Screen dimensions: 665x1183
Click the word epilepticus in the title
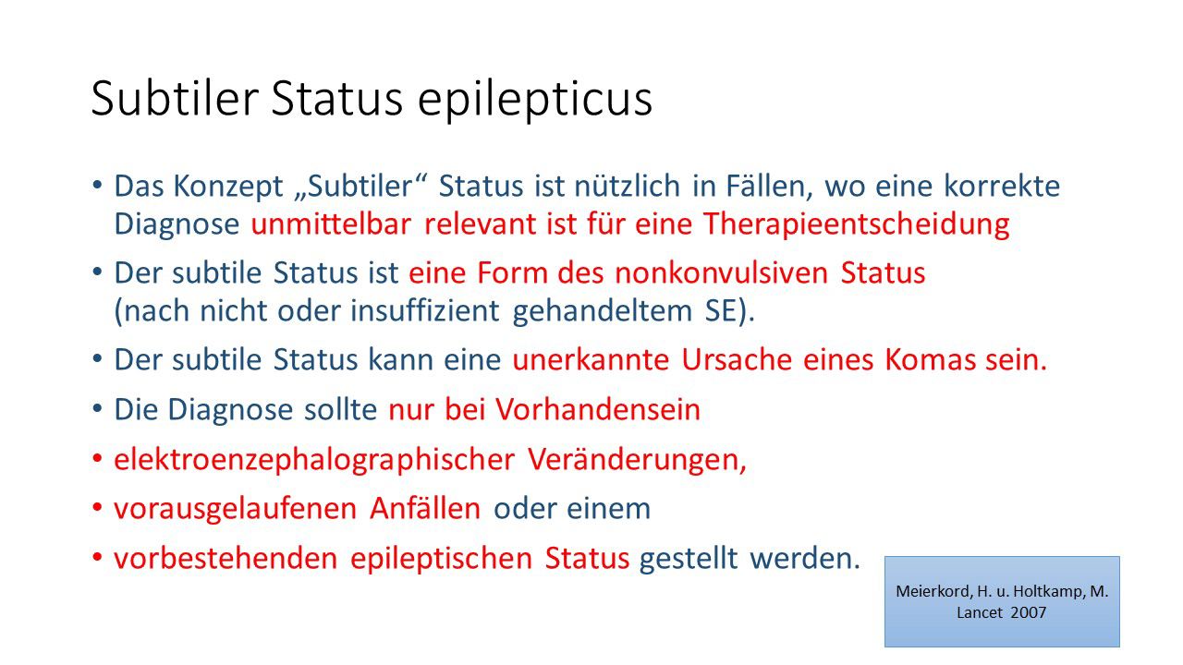535,100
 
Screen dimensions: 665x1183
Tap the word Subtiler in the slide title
175,98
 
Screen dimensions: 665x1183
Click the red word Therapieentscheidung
856,224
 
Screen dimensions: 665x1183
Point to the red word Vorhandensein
598,410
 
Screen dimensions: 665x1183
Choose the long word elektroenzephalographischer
313,460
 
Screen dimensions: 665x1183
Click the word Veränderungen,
637,460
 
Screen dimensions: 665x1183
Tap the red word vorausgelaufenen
235,509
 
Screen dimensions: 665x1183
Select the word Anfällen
425,509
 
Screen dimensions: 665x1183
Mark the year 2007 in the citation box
1028,612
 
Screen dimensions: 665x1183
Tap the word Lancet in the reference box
981,612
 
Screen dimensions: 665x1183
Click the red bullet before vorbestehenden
98,559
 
